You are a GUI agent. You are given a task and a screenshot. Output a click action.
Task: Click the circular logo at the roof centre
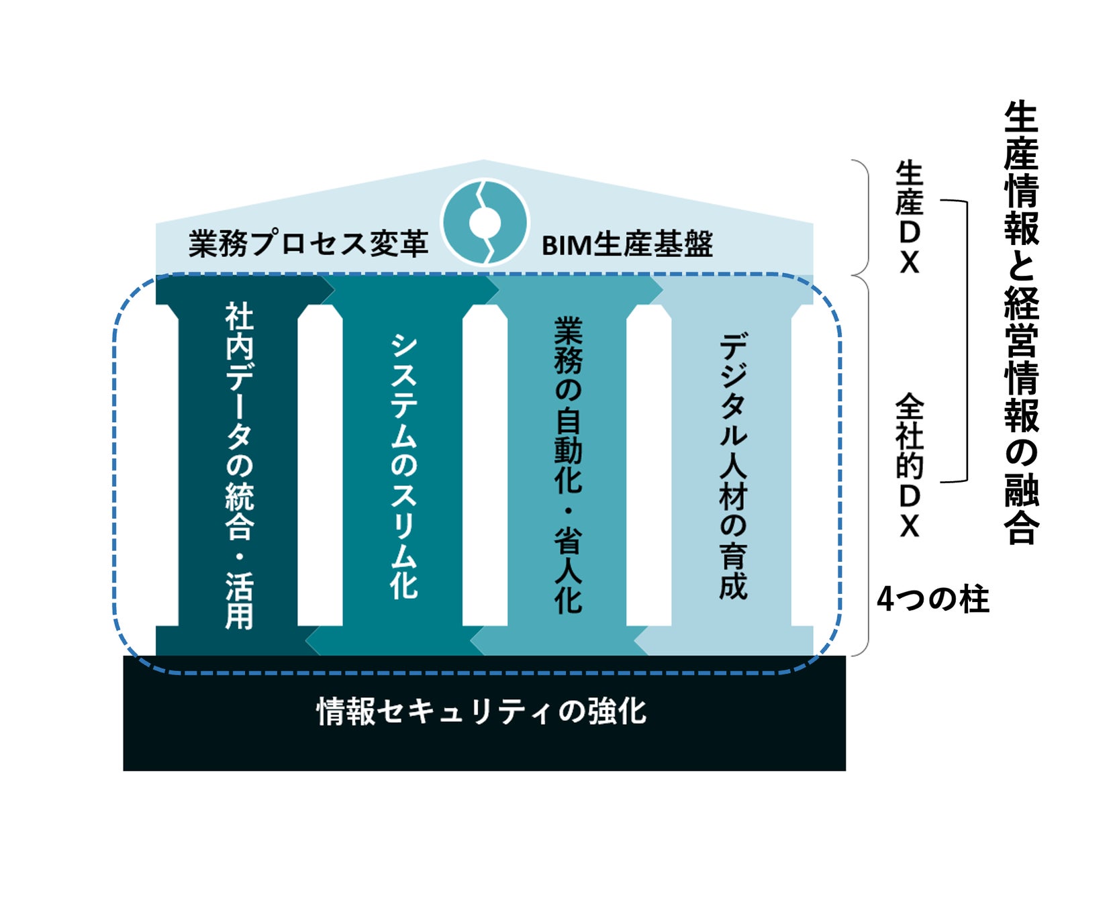[x=485, y=223]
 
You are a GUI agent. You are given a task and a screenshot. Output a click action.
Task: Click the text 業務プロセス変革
[x=308, y=244]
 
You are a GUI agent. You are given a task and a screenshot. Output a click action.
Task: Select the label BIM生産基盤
[x=627, y=244]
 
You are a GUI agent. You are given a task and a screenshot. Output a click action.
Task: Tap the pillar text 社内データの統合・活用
[x=239, y=465]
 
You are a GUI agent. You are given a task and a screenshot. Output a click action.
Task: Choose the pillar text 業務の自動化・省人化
[x=568, y=465]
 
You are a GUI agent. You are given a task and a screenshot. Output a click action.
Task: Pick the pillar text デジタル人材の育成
[x=732, y=465]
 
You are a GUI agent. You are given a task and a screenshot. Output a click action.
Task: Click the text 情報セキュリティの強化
[x=481, y=711]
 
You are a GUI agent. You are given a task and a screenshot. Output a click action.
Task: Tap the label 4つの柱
[x=932, y=599]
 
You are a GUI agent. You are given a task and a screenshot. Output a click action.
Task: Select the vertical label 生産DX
[x=910, y=217]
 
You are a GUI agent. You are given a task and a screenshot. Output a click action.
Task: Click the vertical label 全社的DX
[x=910, y=466]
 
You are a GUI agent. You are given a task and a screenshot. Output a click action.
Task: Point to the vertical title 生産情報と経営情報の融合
[x=1021, y=322]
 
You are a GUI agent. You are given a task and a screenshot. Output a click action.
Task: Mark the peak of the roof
[x=484, y=162]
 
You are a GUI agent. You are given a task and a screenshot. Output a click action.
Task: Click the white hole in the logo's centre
[x=485, y=223]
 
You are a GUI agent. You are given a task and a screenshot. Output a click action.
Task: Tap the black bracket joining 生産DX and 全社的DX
[x=966, y=341]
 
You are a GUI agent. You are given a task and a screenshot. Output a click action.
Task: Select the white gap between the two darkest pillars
[x=320, y=465]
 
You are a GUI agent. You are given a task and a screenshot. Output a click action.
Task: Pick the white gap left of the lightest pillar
[x=649, y=465]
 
